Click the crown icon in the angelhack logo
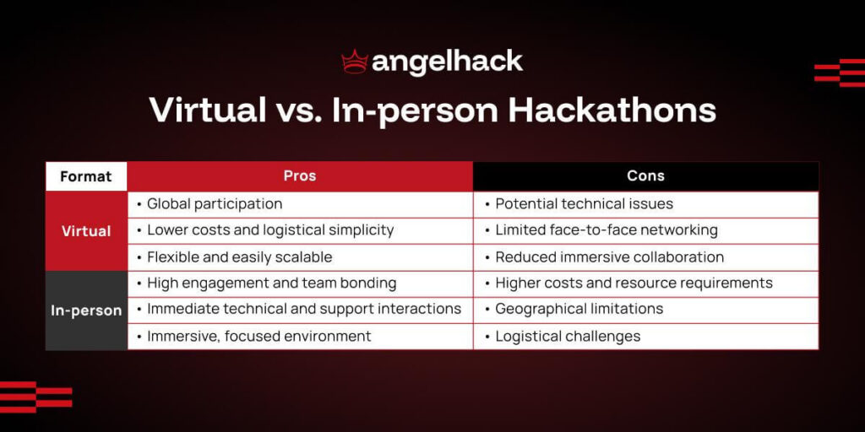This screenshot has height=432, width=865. click(355, 62)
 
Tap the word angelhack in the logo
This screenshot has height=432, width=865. click(447, 62)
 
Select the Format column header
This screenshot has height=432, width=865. click(86, 176)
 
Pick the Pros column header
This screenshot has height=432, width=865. click(300, 176)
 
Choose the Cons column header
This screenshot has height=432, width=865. click(645, 176)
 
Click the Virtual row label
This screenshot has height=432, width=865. click(86, 230)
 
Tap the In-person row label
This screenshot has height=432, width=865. click(86, 310)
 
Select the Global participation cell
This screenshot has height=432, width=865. click(215, 204)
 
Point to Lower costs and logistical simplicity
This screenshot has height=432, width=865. click(270, 230)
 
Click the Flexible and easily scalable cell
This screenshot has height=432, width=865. click(239, 257)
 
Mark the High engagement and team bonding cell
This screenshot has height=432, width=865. click(271, 283)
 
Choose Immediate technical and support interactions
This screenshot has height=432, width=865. click(303, 310)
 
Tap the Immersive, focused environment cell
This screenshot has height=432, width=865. click(258, 337)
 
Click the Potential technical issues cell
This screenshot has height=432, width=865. click(584, 204)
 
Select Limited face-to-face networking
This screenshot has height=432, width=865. click(606, 230)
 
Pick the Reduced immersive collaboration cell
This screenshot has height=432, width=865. click(609, 257)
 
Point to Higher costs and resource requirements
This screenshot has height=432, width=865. click(634, 283)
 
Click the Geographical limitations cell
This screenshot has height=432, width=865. click(579, 310)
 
